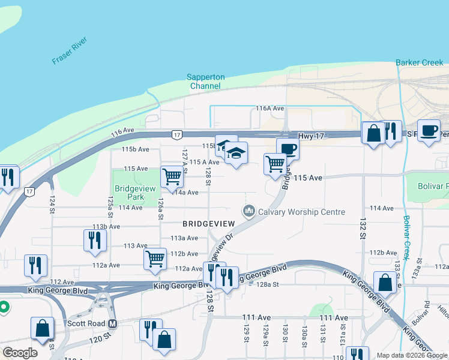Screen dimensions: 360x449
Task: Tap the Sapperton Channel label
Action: coord(205,82)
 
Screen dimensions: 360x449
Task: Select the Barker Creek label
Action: coord(419,62)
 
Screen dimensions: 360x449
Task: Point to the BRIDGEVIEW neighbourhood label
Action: coord(209,223)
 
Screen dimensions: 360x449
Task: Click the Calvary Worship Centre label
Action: coord(301,212)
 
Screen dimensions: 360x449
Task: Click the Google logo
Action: coord(20,353)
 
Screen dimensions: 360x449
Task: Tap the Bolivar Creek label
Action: coord(408,238)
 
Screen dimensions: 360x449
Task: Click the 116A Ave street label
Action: coord(270,109)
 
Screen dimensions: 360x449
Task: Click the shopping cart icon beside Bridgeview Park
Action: coord(172,176)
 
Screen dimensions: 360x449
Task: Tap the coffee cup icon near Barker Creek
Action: coord(429,131)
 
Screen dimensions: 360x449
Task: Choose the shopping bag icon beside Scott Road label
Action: coord(43,328)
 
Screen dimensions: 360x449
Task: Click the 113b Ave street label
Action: coord(106,227)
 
